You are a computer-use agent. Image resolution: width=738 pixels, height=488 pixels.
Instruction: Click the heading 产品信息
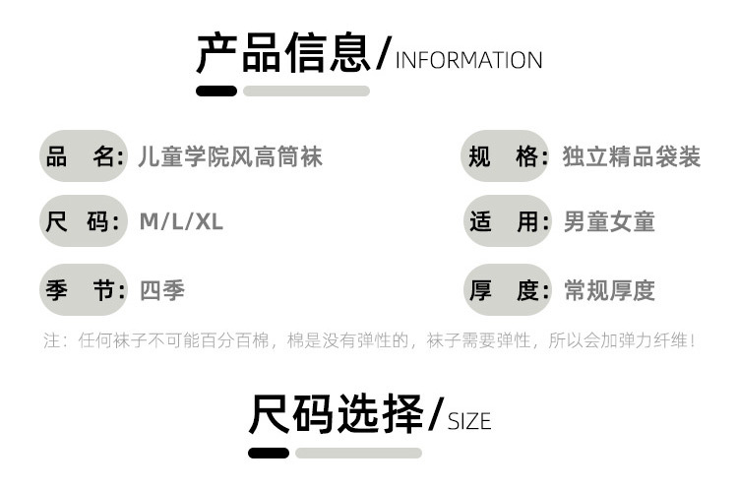(x=284, y=54)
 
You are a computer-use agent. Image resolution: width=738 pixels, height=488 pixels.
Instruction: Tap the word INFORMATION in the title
(x=468, y=60)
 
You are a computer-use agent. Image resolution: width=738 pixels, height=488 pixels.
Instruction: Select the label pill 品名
(x=84, y=156)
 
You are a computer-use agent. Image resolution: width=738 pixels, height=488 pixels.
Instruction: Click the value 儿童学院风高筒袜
(x=230, y=156)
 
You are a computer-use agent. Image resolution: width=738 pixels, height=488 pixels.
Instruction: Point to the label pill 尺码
(x=84, y=221)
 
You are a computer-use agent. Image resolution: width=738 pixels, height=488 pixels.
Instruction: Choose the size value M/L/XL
(x=181, y=221)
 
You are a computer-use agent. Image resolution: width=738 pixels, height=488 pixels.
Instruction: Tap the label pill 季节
(x=84, y=290)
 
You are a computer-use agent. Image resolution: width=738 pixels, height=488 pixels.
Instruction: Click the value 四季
(x=162, y=290)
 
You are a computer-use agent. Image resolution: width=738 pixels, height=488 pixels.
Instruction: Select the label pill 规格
(x=506, y=156)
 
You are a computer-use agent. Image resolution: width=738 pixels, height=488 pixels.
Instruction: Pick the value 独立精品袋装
(x=632, y=156)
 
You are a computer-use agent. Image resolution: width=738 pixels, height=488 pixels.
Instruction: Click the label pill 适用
(x=506, y=221)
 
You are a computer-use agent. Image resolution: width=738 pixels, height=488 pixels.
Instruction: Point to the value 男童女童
(x=609, y=221)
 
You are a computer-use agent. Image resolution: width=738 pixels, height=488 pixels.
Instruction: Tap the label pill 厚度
(x=506, y=290)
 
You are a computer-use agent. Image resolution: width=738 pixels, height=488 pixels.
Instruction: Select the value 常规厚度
(x=609, y=290)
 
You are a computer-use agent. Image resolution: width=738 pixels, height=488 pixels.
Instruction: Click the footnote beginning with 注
(x=369, y=341)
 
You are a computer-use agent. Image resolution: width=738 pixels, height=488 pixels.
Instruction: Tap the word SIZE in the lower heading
(x=469, y=422)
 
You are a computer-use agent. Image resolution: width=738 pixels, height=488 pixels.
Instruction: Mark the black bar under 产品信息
(x=216, y=91)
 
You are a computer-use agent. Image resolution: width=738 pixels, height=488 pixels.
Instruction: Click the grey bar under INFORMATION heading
(x=306, y=91)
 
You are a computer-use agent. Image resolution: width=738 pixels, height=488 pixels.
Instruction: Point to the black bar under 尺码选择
(x=269, y=453)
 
